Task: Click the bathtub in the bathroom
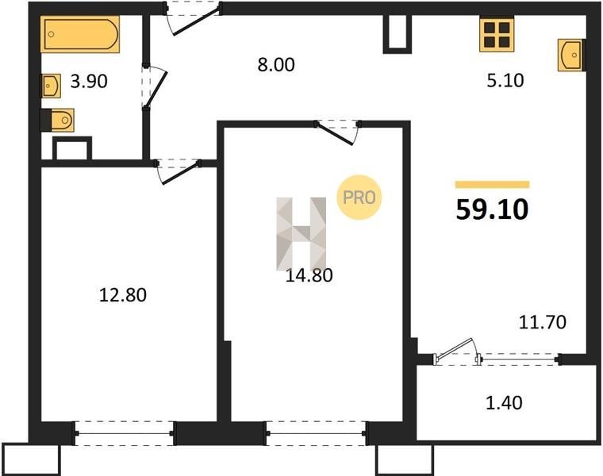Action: tap(80, 34)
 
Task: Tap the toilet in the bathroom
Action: tap(57, 121)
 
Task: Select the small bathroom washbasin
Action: tap(51, 86)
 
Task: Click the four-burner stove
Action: tap(497, 34)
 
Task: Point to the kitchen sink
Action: tap(571, 55)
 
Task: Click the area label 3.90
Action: tap(89, 82)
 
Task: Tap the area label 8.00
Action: tap(276, 64)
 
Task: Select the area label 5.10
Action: tap(505, 81)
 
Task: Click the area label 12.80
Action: tap(123, 295)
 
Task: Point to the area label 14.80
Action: tap(309, 275)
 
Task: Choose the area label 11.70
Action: tap(542, 322)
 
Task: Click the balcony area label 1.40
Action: tap(504, 403)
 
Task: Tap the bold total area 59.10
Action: tap(492, 210)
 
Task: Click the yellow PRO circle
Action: tap(359, 198)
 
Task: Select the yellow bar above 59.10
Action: tap(492, 185)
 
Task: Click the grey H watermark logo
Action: tap(301, 233)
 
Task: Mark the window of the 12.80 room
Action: tap(125, 433)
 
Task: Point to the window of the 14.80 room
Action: tap(316, 433)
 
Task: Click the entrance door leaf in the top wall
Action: tap(196, 21)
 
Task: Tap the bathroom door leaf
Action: tap(156, 89)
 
